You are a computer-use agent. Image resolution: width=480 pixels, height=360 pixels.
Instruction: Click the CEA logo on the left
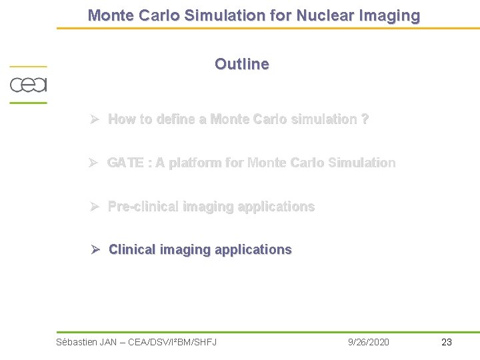click(x=28, y=85)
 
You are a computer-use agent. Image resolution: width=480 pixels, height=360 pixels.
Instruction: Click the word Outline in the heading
click(x=242, y=64)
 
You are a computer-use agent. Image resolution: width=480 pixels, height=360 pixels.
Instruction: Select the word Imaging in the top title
click(x=388, y=15)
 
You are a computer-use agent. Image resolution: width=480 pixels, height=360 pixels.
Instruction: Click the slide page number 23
click(x=447, y=342)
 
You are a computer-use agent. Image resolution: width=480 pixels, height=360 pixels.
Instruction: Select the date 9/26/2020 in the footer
click(x=369, y=342)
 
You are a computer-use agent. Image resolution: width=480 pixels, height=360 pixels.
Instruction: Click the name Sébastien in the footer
click(x=76, y=342)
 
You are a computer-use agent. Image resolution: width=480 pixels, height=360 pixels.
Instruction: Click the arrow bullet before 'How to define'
click(x=95, y=119)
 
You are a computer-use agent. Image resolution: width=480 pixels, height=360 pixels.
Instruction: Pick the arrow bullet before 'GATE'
click(x=95, y=163)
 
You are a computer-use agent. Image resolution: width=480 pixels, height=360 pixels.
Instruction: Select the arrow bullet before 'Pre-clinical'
click(x=95, y=207)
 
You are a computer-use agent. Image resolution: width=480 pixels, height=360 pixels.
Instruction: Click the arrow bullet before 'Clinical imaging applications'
click(x=95, y=249)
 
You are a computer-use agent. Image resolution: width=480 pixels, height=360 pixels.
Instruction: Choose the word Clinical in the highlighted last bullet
click(x=132, y=249)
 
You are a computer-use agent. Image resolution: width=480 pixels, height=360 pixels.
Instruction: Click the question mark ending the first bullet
click(x=365, y=119)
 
